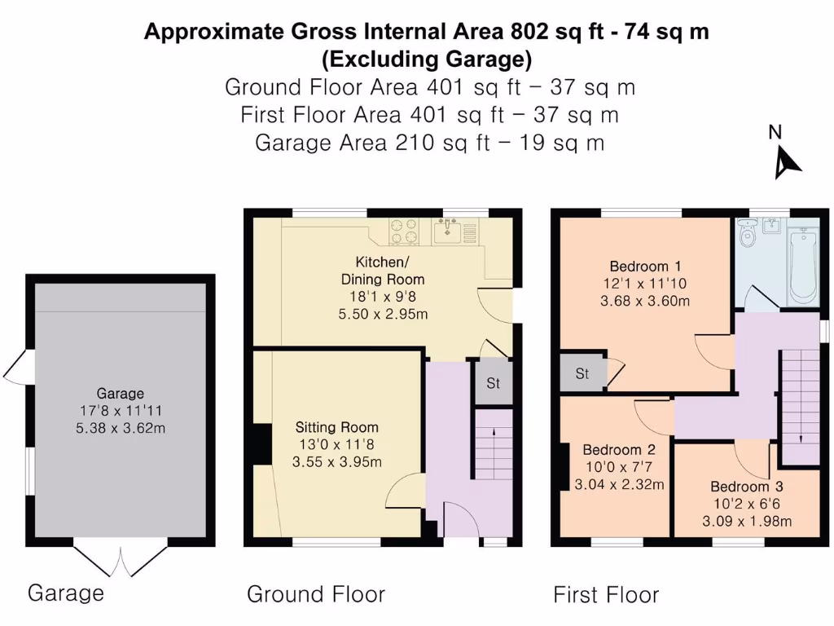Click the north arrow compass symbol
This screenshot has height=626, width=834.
coord(786,161)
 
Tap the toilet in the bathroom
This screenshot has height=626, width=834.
coord(748,234)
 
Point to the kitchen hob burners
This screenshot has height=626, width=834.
coord(405,231)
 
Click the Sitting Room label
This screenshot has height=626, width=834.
coord(336,427)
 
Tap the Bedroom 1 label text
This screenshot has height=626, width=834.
coord(645,266)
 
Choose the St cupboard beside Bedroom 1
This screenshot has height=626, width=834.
coord(582,374)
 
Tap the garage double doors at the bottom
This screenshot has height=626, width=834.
coord(121,562)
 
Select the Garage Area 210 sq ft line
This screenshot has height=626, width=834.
coord(429,143)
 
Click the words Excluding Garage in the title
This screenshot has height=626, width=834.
coord(427,59)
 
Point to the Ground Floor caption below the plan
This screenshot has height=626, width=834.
coord(316,594)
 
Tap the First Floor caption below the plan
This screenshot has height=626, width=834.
coord(606,595)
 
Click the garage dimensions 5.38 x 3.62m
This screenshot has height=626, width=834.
coord(121,427)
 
